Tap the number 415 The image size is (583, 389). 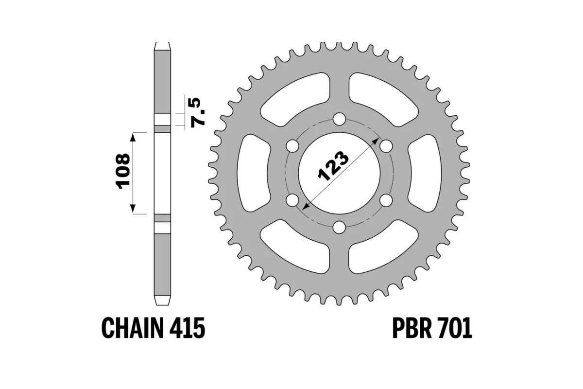pos(186,328)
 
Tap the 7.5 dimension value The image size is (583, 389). pos(198,112)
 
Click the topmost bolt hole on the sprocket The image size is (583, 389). pos(340,119)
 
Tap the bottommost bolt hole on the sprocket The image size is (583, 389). pos(340,227)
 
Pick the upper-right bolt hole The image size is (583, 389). pos(386,146)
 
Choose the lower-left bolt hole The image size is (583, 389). pos(293,200)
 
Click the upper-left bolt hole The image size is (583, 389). pos(293,146)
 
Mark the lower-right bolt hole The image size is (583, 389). pos(386,200)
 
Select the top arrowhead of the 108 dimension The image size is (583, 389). pos(132,136)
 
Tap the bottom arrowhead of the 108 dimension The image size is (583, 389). pos(132,210)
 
